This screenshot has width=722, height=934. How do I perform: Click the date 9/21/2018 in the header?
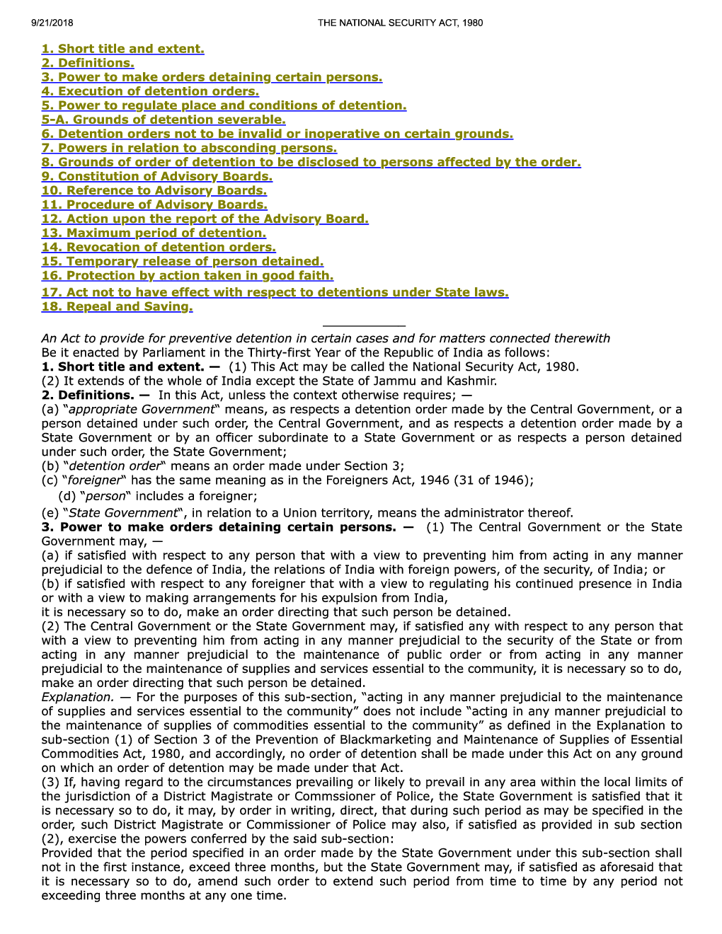pos(52,23)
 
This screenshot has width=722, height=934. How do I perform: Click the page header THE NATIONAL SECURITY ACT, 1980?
pos(400,23)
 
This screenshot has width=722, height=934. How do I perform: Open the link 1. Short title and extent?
pos(122,49)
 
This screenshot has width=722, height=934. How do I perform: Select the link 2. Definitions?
pos(88,63)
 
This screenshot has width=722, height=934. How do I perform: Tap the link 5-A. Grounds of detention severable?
pos(164,120)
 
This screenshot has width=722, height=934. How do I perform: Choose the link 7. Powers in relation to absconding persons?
pos(189,148)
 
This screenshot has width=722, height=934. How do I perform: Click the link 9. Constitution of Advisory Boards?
pos(156,176)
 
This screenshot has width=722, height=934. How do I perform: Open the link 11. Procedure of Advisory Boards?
pos(154,204)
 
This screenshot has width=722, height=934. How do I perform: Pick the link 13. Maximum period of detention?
pos(154,233)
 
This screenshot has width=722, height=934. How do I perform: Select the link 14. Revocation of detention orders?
pos(159,247)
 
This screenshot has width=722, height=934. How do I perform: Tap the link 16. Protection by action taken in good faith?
pos(188,275)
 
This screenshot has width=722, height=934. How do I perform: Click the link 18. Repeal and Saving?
pos(117,306)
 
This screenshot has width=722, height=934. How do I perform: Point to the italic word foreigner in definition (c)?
pos(95,480)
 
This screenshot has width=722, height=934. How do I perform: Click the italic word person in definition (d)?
pos(105,497)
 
